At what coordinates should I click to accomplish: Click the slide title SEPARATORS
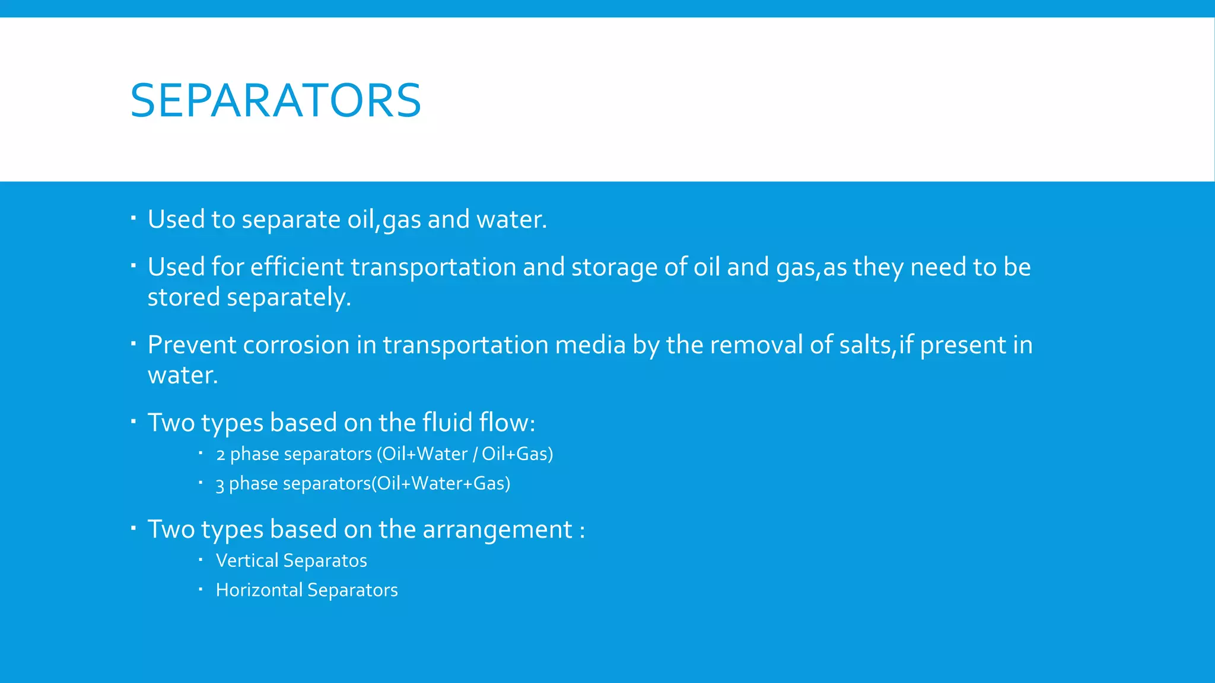coord(275,100)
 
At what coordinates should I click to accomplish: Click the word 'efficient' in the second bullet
coord(297,267)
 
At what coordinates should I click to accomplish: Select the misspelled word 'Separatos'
coord(325,561)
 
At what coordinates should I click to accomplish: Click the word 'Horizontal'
coord(259,590)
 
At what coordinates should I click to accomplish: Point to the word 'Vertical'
coord(247,561)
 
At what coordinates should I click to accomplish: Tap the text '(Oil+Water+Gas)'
coord(441,484)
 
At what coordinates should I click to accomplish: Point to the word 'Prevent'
coord(192,345)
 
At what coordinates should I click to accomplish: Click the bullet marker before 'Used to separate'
coord(133,218)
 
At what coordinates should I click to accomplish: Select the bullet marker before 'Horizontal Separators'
coord(201,589)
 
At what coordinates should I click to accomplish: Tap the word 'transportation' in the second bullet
coord(433,267)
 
